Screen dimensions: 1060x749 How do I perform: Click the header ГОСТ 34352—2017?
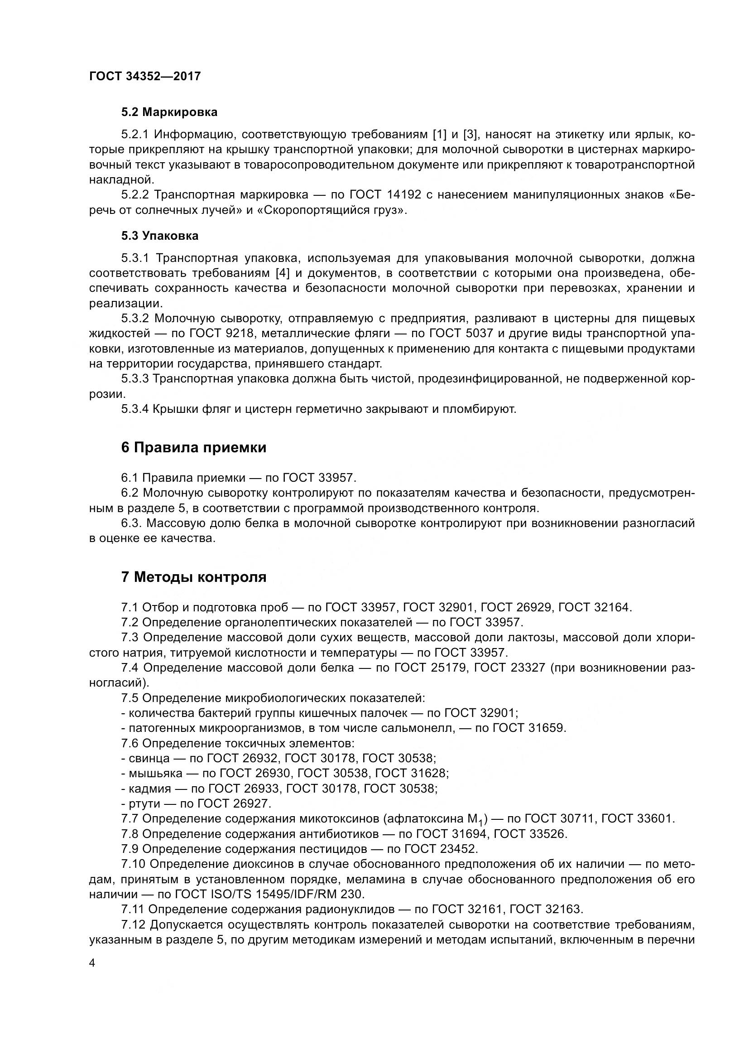click(x=145, y=76)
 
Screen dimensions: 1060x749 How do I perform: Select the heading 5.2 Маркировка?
click(x=169, y=112)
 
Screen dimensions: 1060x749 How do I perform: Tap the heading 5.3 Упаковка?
click(x=159, y=236)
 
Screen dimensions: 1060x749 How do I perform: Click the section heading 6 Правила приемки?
click(x=194, y=447)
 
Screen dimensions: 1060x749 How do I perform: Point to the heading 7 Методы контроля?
click(x=194, y=577)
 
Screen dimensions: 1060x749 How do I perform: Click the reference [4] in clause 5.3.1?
click(x=282, y=273)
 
